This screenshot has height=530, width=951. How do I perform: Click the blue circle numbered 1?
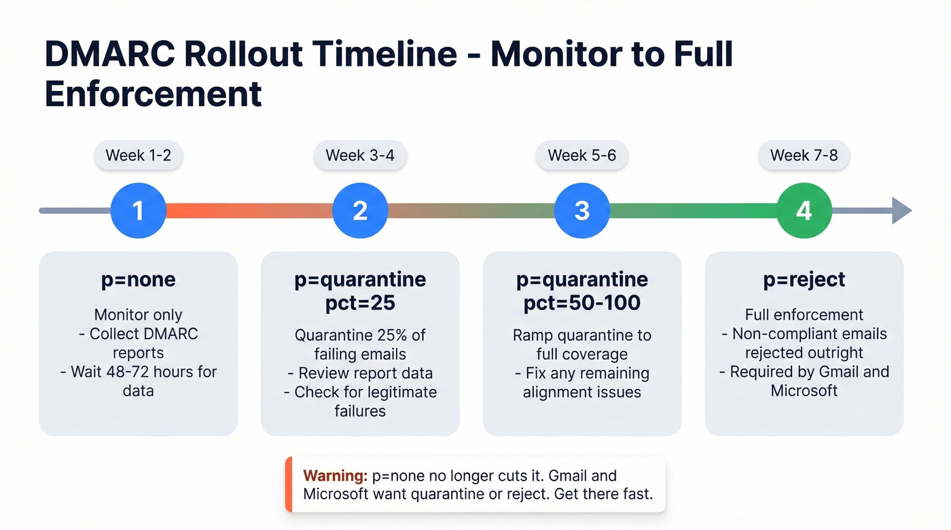click(138, 210)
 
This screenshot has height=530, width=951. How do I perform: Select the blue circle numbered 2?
click(360, 210)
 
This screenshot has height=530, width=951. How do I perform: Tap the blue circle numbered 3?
click(582, 210)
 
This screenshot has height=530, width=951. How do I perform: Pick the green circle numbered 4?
click(804, 210)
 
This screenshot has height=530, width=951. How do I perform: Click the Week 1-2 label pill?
click(138, 155)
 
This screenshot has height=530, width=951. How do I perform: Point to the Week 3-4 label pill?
click(360, 155)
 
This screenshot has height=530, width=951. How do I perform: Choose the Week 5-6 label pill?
click(582, 155)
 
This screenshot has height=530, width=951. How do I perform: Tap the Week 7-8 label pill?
click(804, 155)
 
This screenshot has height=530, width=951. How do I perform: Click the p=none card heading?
click(138, 279)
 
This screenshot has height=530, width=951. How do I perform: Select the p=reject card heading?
click(804, 279)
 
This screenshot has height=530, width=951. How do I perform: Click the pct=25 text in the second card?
click(360, 302)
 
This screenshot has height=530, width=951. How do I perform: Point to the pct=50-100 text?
click(582, 302)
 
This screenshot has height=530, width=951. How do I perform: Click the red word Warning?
click(335, 475)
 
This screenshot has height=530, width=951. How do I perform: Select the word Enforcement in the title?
click(154, 94)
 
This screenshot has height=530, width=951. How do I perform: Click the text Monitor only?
click(138, 315)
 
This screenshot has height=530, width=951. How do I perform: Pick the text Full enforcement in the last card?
click(804, 315)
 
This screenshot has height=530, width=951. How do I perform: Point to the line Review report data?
click(365, 373)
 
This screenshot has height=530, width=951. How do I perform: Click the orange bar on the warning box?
click(288, 484)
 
